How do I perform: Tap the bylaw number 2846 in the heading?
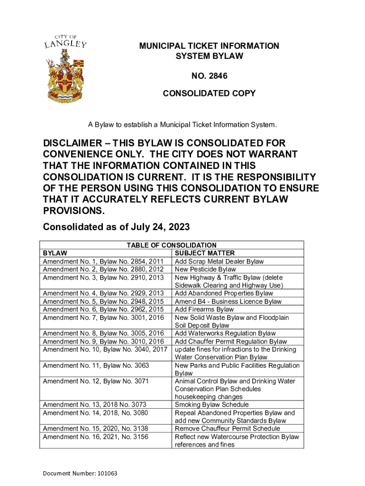(x=209, y=75)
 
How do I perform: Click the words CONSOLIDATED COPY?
(x=209, y=93)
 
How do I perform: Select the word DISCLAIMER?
(x=75, y=143)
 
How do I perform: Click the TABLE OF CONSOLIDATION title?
(x=171, y=245)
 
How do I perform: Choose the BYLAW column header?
(x=55, y=253)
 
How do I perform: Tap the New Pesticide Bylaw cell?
(x=205, y=270)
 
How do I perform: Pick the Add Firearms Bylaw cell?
(x=204, y=309)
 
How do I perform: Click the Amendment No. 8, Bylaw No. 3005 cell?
(x=103, y=334)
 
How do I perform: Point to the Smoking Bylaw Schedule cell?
(x=211, y=405)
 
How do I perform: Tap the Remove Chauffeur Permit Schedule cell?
(x=228, y=429)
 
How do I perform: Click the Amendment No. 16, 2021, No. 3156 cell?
(x=95, y=437)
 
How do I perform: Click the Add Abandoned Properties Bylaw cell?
(x=224, y=293)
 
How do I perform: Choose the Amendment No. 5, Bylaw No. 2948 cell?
(x=103, y=301)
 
